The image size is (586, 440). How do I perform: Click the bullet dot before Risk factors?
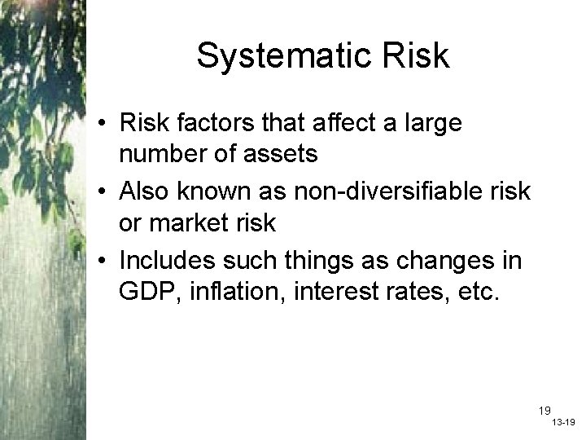(x=105, y=125)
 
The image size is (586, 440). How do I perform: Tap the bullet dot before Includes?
(x=105, y=262)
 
